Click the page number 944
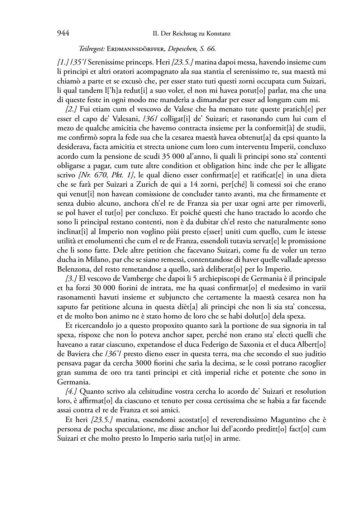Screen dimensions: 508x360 tap(63, 34)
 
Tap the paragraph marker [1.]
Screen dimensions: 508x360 tap(62, 62)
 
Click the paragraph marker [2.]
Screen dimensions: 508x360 tap(72, 109)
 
